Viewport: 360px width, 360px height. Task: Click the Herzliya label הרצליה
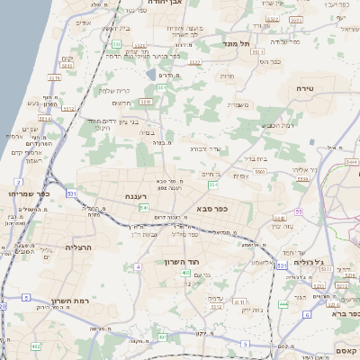click(86, 247)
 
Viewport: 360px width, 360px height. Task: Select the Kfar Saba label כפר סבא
click(211, 210)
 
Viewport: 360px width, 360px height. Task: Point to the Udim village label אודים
click(84, 22)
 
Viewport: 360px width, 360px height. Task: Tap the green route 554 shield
click(213, 184)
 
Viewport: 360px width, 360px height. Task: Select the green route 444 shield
click(283, 305)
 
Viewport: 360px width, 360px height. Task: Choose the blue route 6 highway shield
click(306, 315)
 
